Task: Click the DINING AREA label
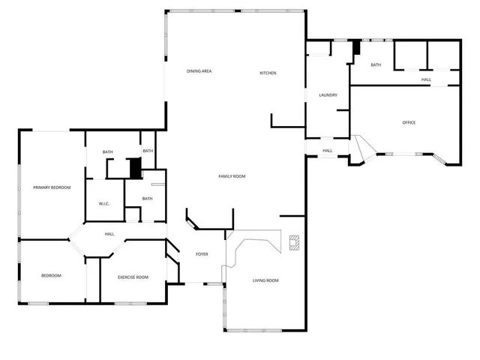(x=199, y=71)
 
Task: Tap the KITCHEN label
(x=268, y=73)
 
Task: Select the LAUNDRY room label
(x=328, y=95)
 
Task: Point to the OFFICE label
(x=409, y=122)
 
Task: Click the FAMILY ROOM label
(x=232, y=176)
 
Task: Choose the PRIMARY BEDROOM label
(x=52, y=187)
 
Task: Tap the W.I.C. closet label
(x=104, y=204)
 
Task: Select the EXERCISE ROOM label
(x=133, y=277)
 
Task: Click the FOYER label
(x=202, y=255)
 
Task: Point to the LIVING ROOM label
(x=265, y=280)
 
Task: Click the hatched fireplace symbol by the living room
(x=294, y=242)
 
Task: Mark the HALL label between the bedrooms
(x=109, y=234)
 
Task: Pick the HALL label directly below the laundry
(x=328, y=151)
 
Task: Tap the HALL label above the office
(x=426, y=79)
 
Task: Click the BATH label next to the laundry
(x=376, y=65)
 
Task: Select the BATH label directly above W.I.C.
(x=108, y=152)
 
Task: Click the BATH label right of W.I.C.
(x=147, y=199)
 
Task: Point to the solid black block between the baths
(x=136, y=168)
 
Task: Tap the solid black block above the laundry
(x=357, y=47)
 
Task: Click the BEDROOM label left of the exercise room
(x=51, y=276)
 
